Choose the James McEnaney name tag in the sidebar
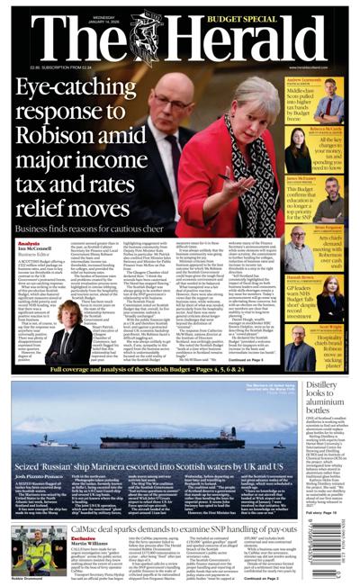point(323,178)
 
